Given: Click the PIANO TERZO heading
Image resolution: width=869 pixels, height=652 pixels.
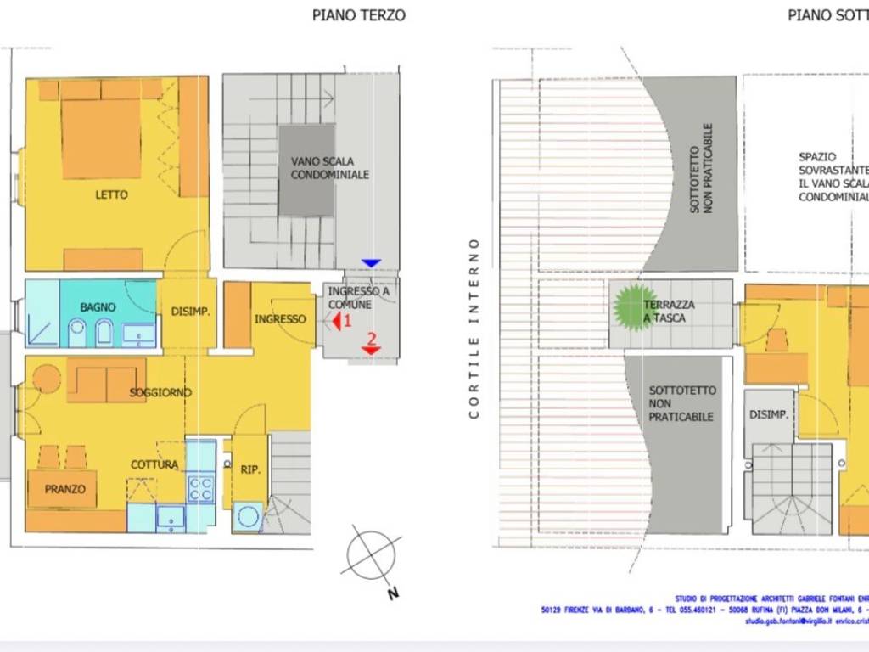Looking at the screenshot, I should pos(358,14).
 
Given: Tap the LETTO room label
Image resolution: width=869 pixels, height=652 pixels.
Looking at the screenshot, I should pos(111,194).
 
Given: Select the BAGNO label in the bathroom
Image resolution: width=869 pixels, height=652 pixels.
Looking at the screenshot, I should pos(98,306).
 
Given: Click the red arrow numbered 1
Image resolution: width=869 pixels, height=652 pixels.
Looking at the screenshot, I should pos(337,321).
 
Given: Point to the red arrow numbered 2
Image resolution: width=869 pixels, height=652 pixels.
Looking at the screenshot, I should pos(371,345).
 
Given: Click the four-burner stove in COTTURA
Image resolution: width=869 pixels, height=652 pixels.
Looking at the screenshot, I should pos(200,489).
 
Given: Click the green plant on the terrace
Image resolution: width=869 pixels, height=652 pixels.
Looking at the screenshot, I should pos(633,307).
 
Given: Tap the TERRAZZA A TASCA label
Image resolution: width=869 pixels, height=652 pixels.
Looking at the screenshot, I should pos(669,311).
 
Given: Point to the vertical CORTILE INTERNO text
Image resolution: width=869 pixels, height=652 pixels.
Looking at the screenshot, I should pos(474,328).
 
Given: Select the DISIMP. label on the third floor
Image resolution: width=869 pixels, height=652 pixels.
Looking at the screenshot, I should pos(190,312).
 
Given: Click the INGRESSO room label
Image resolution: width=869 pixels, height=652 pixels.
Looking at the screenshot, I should pos(280,318).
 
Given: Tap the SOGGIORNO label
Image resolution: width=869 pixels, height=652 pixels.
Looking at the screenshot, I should pos(160,392).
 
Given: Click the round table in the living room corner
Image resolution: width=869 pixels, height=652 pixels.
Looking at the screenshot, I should pos(46,378).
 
